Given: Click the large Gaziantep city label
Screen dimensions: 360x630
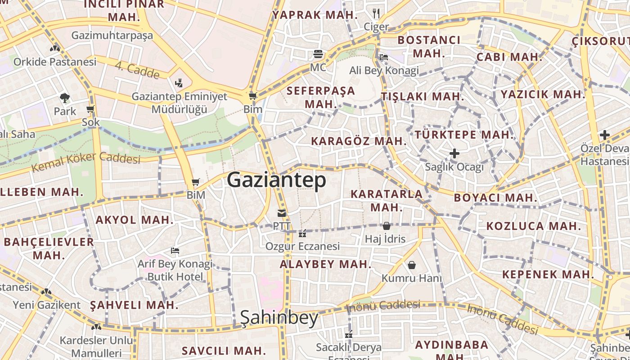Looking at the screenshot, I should point(276,180).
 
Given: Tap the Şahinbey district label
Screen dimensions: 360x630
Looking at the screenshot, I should point(279,318).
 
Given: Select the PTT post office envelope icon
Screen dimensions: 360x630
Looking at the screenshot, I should point(282,213).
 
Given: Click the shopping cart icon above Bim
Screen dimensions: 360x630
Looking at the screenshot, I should point(253,96).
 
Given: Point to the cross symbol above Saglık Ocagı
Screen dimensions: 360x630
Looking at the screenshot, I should point(454,153).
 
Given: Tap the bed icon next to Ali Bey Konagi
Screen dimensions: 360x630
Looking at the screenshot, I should point(384,57).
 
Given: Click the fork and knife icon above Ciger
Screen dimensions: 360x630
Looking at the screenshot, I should point(376,13).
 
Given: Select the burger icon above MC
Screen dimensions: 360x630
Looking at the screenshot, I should point(318,54).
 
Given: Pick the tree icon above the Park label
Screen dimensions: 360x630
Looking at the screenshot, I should point(65,98).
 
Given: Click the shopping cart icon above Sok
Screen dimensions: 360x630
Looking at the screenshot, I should point(90,109).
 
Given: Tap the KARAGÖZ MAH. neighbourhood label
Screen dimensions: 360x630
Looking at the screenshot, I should point(359,141).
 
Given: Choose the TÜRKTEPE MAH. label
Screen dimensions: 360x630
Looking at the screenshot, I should point(464,135).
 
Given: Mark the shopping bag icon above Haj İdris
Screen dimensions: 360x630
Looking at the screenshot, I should point(386,226).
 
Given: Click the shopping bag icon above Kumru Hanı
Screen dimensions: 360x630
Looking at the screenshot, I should point(411,265).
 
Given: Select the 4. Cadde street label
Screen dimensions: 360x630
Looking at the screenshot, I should point(137,70).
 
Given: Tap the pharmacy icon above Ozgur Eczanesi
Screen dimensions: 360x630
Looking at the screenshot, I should point(302,234).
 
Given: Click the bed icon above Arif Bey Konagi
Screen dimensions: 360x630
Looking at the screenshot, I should point(175,250).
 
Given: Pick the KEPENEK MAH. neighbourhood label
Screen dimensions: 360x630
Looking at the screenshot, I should point(548,274).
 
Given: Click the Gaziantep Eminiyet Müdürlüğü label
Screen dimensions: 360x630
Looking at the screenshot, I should point(179,103).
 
